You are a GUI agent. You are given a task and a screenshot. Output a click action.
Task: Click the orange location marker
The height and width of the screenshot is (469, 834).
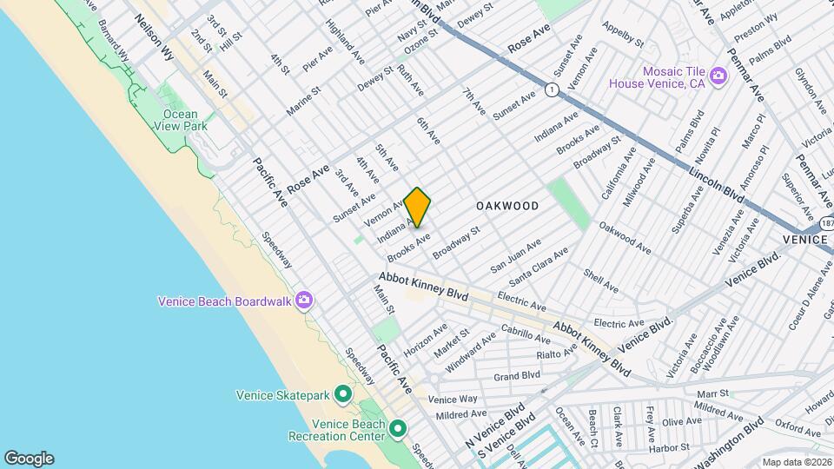418,208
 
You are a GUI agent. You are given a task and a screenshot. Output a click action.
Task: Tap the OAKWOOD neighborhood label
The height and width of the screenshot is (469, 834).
507,206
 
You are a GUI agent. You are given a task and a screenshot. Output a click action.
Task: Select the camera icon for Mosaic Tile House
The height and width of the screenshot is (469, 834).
718,76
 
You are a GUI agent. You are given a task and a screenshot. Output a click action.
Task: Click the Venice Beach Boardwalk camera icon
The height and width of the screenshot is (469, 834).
303,301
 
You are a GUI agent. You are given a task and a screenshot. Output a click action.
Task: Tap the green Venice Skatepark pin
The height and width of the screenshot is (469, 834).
343,395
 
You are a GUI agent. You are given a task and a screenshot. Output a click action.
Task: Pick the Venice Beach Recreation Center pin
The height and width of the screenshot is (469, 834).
399,429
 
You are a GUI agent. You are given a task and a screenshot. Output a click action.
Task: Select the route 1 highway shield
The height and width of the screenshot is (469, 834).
551,89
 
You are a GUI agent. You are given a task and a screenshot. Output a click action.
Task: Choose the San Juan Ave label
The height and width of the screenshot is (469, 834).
516,255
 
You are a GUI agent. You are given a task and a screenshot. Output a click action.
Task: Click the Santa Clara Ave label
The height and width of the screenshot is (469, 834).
539,266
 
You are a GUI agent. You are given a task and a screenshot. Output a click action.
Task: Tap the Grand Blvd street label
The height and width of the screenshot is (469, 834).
517,376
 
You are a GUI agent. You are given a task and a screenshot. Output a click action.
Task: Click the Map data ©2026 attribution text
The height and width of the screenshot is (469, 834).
796,461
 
